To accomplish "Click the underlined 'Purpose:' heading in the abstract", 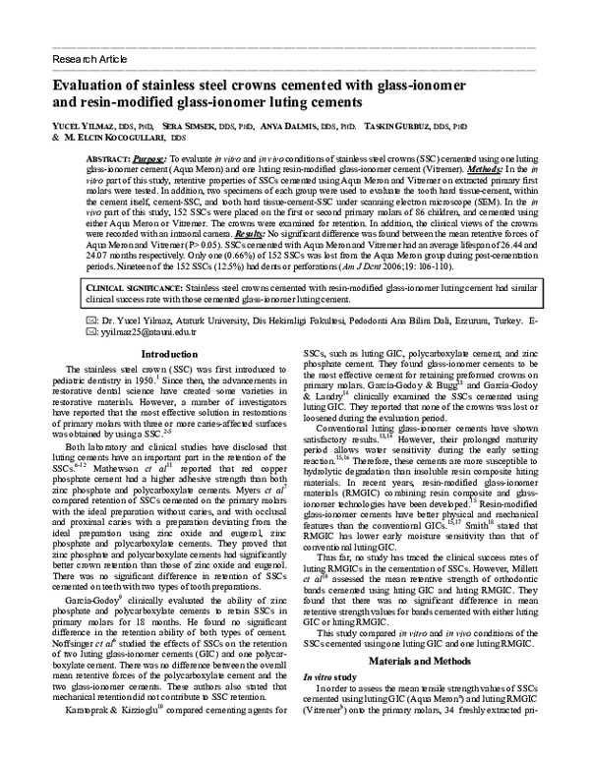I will pyautogui.click(x=146, y=159).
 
